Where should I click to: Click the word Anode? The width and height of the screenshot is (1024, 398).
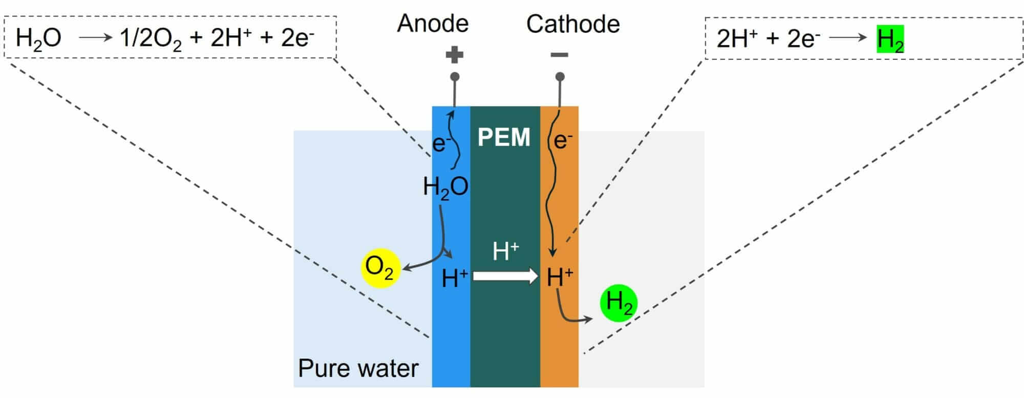(433, 24)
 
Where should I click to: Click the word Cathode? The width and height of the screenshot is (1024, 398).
(572, 24)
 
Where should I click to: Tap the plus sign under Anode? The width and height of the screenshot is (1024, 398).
(454, 55)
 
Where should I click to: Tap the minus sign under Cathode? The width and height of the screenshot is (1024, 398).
(559, 55)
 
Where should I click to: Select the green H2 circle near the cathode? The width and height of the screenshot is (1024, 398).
(618, 303)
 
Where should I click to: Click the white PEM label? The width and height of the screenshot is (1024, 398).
(504, 137)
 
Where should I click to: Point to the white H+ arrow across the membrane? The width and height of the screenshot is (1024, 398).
(505, 276)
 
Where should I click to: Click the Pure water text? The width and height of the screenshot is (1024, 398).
(358, 368)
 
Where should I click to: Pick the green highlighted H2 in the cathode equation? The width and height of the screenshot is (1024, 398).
(890, 39)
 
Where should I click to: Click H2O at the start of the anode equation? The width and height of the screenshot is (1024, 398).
(38, 38)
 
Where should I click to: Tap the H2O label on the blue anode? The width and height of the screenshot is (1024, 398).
(445, 187)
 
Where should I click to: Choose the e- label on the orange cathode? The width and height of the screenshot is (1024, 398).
(563, 140)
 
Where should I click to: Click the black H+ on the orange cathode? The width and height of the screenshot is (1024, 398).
(560, 277)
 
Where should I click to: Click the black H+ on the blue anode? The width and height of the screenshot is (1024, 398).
(454, 278)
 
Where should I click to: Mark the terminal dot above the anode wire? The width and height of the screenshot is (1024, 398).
(454, 77)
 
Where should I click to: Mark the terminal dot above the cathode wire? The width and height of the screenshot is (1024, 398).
(560, 77)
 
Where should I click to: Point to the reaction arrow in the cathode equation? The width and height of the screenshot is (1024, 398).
(847, 38)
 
